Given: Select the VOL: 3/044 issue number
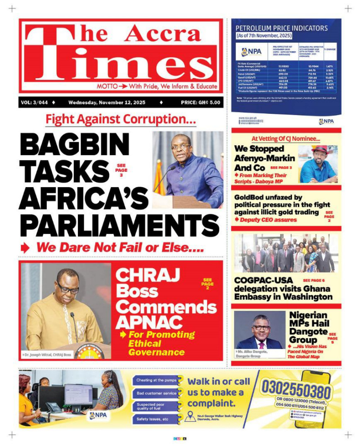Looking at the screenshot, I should coord(35,103).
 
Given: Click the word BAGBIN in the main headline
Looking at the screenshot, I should coord(75,145).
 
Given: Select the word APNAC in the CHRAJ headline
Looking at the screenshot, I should coord(149,322).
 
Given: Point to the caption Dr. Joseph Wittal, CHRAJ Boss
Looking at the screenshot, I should coord(47,355).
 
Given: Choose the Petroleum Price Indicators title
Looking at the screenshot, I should coord(282,28).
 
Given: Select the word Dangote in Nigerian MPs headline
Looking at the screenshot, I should coord(308,331).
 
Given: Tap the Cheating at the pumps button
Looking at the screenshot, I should coord(157,380).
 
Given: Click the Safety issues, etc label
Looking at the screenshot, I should coord(153,419).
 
